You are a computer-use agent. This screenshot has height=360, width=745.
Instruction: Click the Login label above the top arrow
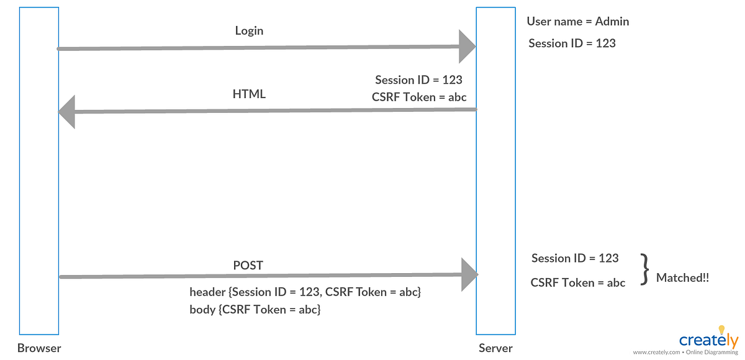(x=249, y=30)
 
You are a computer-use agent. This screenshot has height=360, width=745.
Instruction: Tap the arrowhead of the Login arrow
(x=467, y=47)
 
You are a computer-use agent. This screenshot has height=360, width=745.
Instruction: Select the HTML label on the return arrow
(x=249, y=94)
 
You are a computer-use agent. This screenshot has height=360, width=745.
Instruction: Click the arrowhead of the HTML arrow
(x=66, y=112)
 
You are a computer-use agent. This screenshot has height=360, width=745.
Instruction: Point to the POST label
(x=248, y=265)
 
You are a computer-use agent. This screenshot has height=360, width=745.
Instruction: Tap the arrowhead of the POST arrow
(x=469, y=275)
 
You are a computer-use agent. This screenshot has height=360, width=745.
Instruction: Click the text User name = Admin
(x=577, y=22)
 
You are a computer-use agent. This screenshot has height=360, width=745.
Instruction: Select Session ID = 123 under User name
(x=572, y=43)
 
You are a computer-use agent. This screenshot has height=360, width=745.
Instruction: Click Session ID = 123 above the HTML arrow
(x=418, y=80)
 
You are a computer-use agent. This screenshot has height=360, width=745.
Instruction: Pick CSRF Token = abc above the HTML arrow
(x=419, y=97)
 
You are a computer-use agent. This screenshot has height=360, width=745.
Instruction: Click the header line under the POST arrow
(x=305, y=292)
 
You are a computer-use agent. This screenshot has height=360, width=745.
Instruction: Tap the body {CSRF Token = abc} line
(x=255, y=308)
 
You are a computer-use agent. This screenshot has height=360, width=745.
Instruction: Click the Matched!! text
(x=682, y=278)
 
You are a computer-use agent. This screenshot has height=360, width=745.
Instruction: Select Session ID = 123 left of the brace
(x=575, y=258)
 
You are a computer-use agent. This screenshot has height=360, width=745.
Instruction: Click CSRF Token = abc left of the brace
(x=577, y=282)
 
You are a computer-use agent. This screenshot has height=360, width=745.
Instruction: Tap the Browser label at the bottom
(x=39, y=348)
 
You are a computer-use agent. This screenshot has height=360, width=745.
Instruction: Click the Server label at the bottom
(x=495, y=348)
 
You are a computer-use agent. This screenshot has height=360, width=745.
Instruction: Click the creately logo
(x=708, y=340)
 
